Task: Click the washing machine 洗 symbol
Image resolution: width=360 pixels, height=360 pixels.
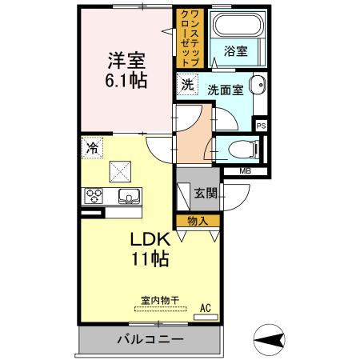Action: click(187, 84)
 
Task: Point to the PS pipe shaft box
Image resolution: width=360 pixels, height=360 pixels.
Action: click(261, 124)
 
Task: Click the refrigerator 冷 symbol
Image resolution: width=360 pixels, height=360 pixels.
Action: click(93, 147)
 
